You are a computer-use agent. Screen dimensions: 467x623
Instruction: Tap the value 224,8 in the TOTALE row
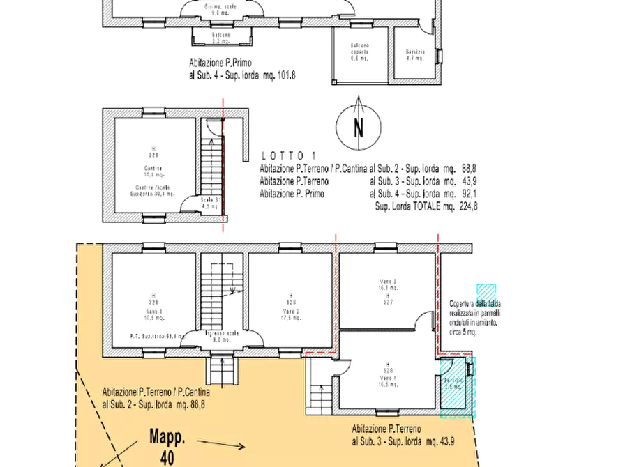[x=469, y=206]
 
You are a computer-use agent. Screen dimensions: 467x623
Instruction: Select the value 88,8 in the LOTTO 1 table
[x=470, y=168]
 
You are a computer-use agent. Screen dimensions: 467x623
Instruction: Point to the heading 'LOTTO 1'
[x=287, y=155]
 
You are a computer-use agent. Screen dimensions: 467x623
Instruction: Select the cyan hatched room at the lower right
[x=456, y=388]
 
